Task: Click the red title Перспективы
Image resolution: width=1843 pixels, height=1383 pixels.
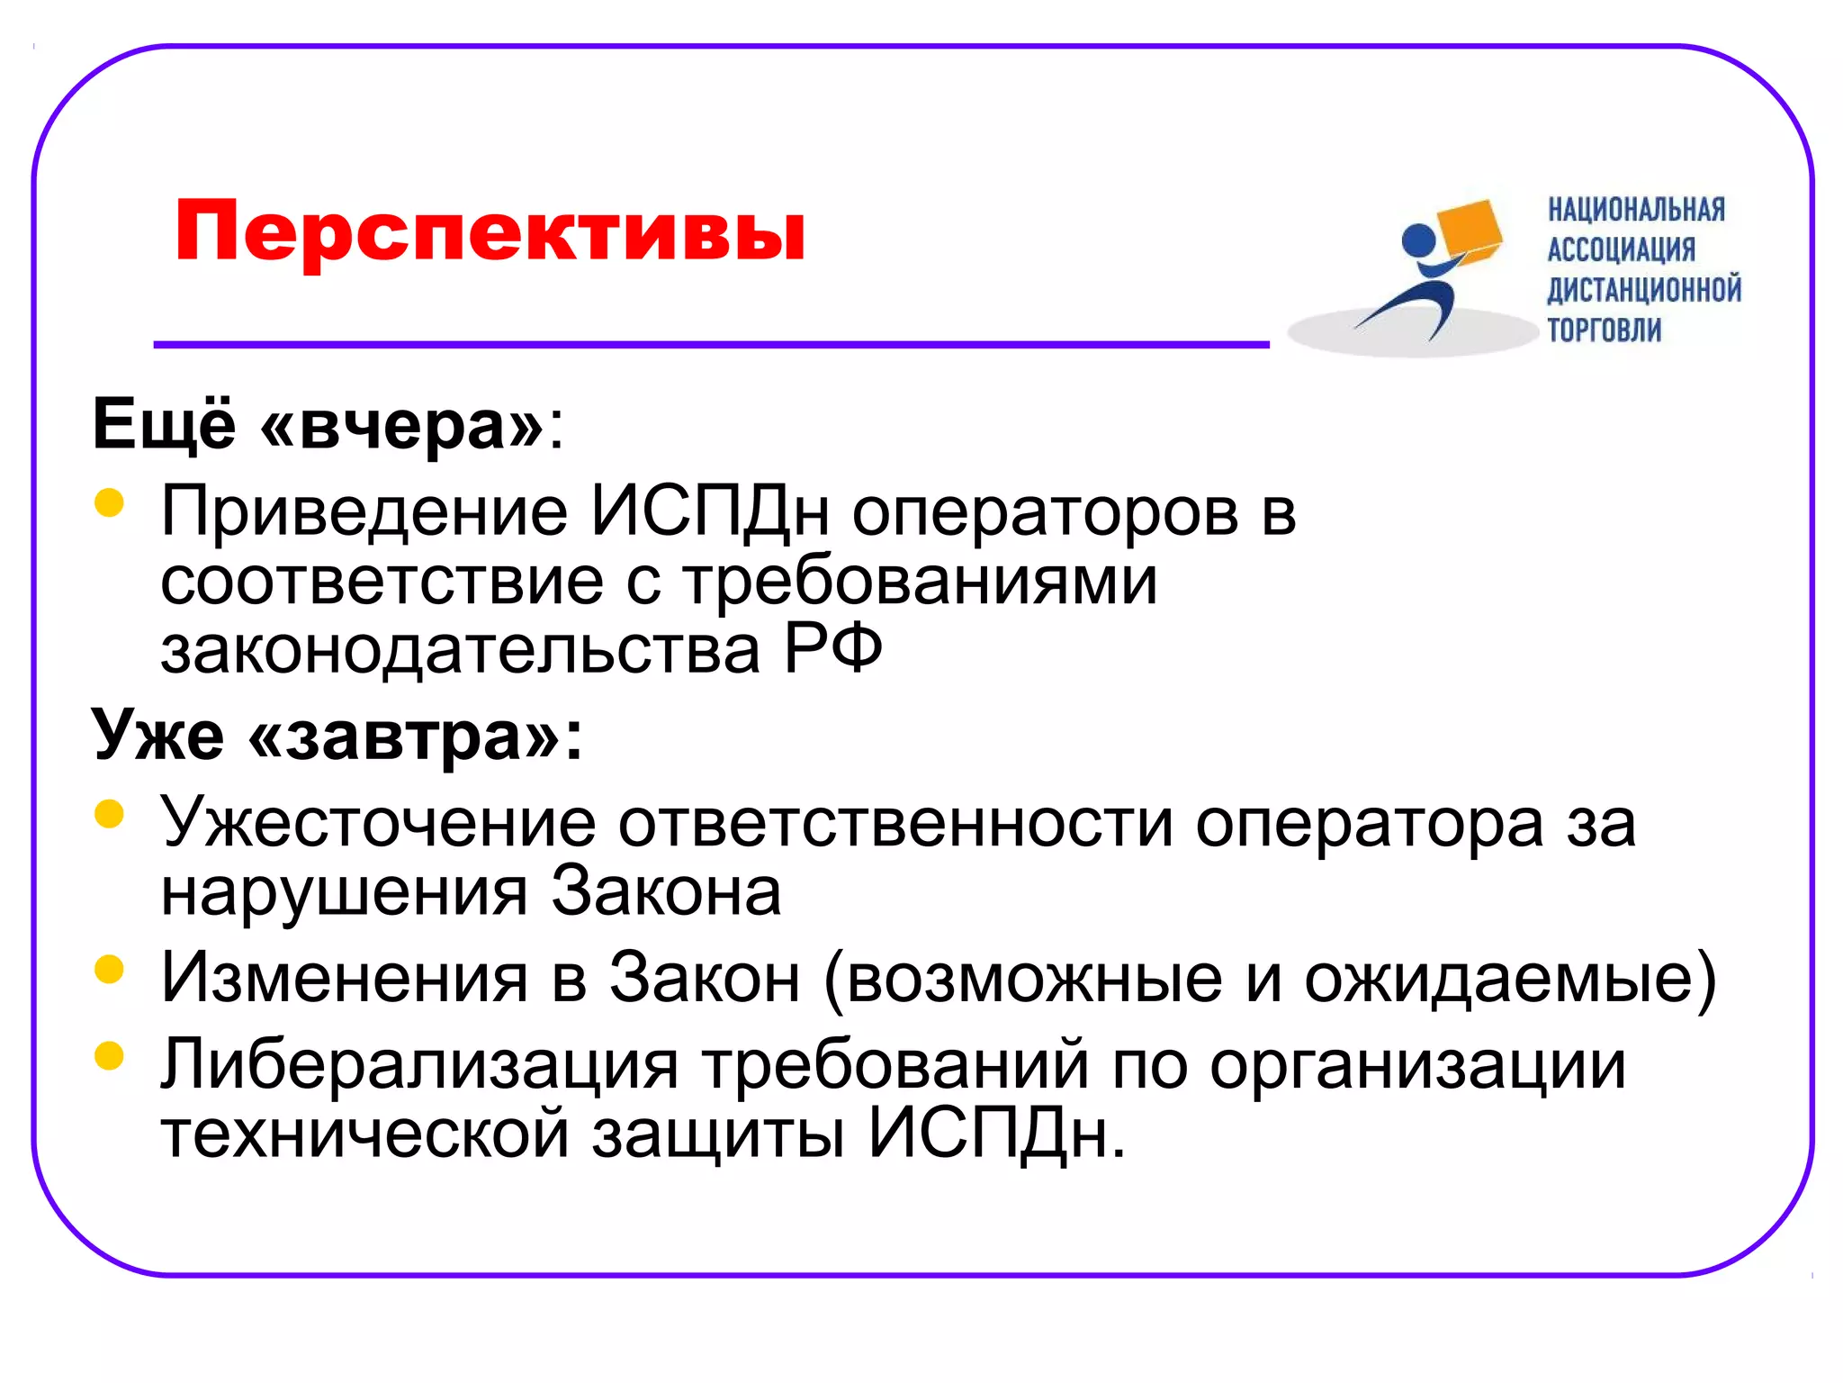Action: pyautogui.click(x=490, y=231)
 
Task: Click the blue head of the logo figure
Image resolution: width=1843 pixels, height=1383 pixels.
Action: pyautogui.click(x=1420, y=240)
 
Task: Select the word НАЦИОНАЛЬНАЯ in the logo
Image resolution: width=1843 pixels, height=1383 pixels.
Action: pyautogui.click(x=1636, y=210)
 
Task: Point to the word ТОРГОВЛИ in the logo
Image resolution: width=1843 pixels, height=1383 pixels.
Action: pyautogui.click(x=1604, y=330)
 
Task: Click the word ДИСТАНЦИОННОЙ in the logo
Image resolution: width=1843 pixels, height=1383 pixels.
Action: pyautogui.click(x=1644, y=290)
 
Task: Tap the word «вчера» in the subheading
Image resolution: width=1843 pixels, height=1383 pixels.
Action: pyautogui.click(x=401, y=424)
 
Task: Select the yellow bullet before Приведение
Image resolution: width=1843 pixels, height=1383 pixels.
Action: pyautogui.click(x=109, y=502)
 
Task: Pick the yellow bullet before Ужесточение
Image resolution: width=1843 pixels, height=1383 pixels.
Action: pyautogui.click(x=109, y=814)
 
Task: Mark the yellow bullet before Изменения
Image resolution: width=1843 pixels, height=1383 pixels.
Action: pyautogui.click(x=109, y=970)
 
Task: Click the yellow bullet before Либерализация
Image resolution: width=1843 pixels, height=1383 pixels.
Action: pyautogui.click(x=109, y=1055)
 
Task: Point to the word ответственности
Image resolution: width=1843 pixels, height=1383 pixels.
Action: pyautogui.click(x=895, y=823)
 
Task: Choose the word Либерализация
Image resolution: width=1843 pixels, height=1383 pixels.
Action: pyautogui.click(x=419, y=1064)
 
